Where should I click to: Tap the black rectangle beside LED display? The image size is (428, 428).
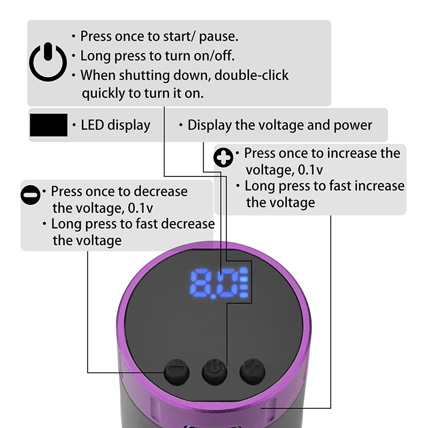pos(49,125)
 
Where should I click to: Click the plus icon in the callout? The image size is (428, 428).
pos(223,157)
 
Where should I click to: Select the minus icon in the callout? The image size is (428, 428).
pos(30,195)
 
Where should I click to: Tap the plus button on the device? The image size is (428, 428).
pos(253,371)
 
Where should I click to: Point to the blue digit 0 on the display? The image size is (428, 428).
pos(228,284)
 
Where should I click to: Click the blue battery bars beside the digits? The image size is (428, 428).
pos(244,283)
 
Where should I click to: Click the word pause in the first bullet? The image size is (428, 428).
pos(218,37)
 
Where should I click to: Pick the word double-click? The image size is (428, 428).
pos(251,75)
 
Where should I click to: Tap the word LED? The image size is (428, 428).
pos(92,125)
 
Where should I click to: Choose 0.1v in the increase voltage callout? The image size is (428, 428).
pos(310,170)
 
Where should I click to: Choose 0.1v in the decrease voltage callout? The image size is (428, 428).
pos(140,208)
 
